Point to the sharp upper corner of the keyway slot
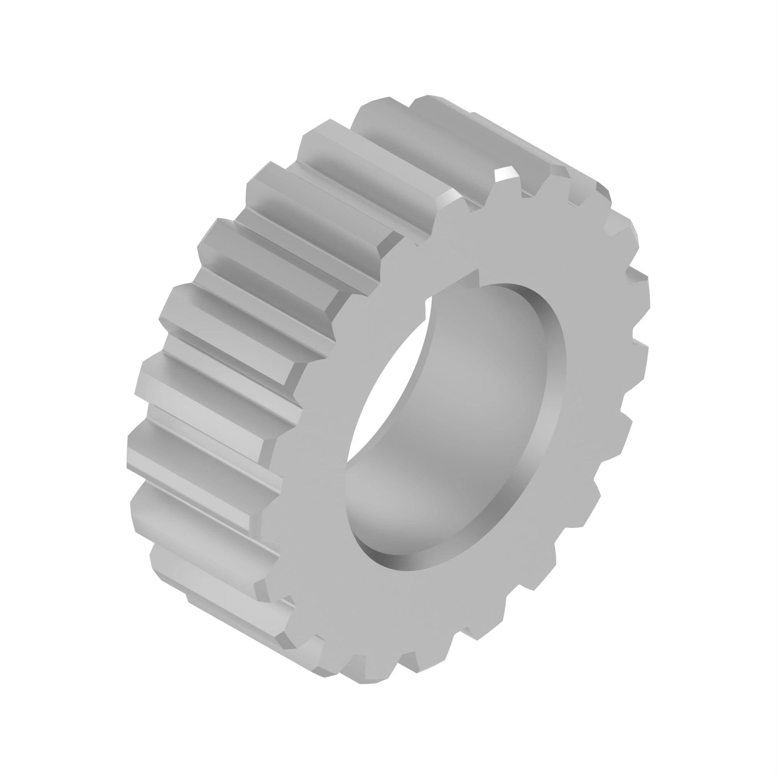pyautogui.click(x=478, y=269)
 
